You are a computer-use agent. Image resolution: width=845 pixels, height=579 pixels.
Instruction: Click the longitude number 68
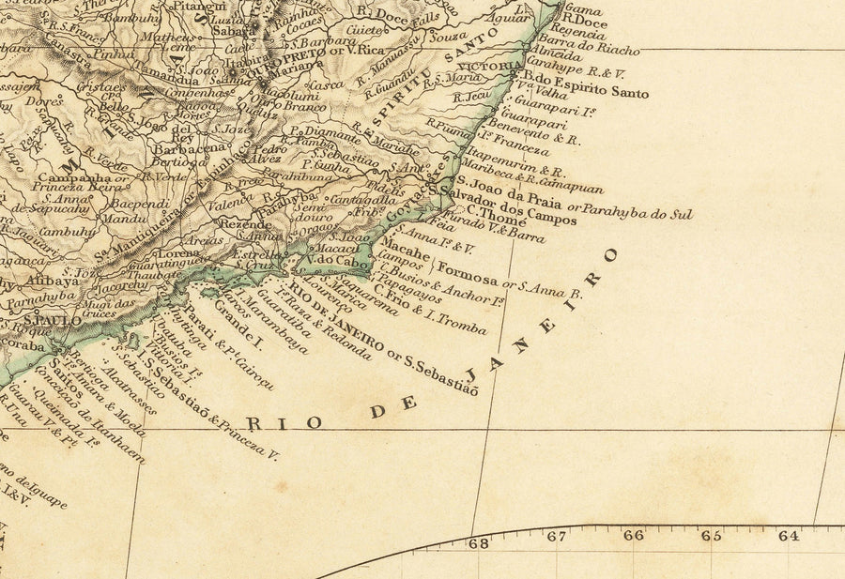click(479, 542)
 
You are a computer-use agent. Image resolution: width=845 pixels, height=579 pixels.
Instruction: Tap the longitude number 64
click(787, 536)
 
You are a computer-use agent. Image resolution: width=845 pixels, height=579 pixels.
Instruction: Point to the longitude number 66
click(634, 535)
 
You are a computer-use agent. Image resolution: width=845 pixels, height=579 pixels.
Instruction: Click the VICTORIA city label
click(497, 68)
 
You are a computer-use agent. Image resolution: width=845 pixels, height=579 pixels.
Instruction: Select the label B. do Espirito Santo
click(586, 85)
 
